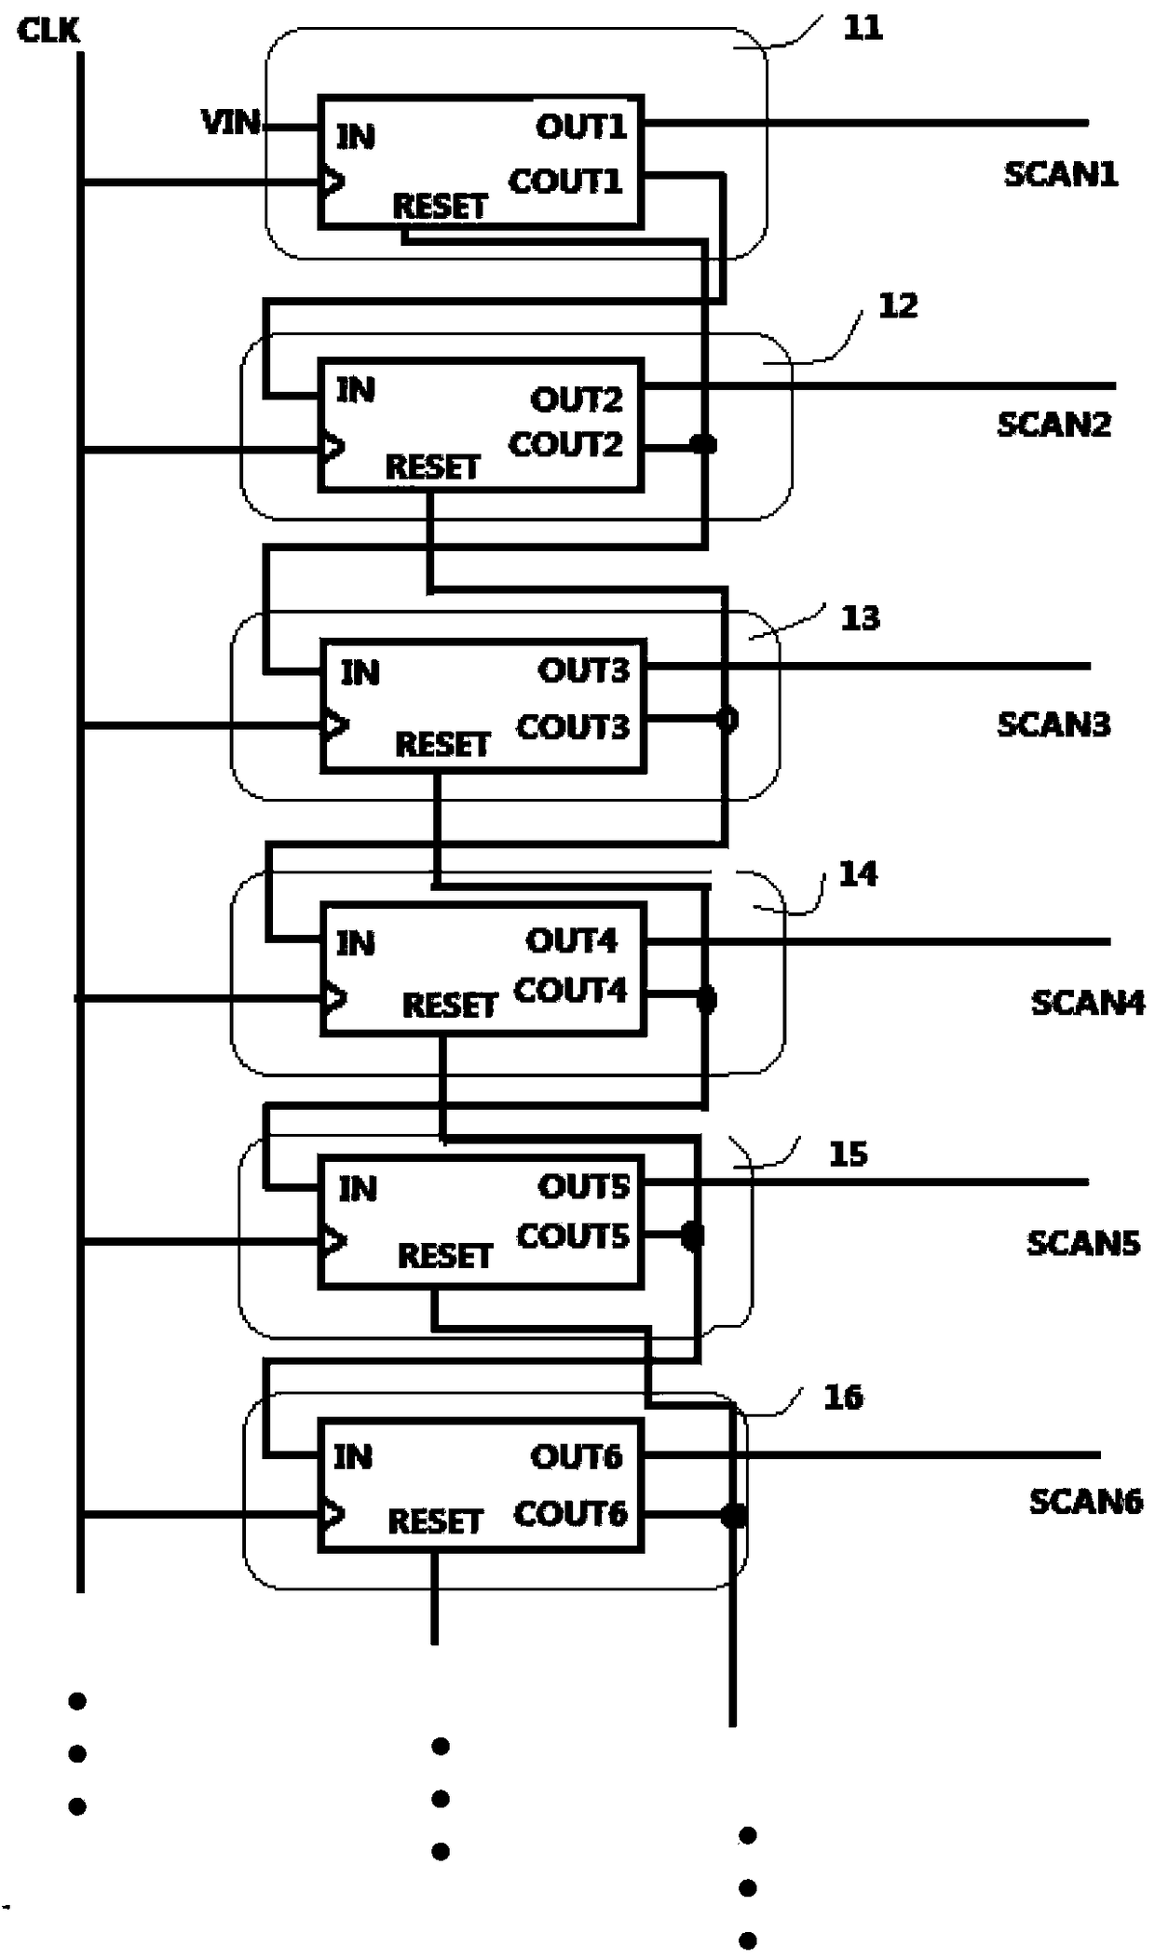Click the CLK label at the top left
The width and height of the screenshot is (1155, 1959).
pos(48,31)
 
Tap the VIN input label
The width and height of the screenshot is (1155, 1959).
pos(231,121)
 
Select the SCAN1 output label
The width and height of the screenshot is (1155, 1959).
pos(1060,173)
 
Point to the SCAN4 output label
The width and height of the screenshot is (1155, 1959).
pos(1087,1002)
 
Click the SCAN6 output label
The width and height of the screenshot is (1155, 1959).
pos(1085,1501)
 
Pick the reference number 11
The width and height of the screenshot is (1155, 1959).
pos(863,28)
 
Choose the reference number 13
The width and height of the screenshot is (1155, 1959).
pos(860,617)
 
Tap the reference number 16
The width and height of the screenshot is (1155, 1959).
pos(843,1397)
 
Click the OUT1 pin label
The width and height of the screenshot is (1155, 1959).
pos(581,126)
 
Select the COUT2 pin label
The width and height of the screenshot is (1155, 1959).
pos(565,444)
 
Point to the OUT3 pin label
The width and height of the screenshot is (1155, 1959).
pos(584,669)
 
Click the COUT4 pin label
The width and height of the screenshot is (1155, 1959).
pos(570,990)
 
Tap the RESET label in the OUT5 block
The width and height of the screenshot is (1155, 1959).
pos(444,1256)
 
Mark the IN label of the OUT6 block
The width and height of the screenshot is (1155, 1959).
pos(353,1456)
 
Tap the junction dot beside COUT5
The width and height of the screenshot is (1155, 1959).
pos(692,1236)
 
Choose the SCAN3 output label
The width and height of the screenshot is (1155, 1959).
pos(1053,723)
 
